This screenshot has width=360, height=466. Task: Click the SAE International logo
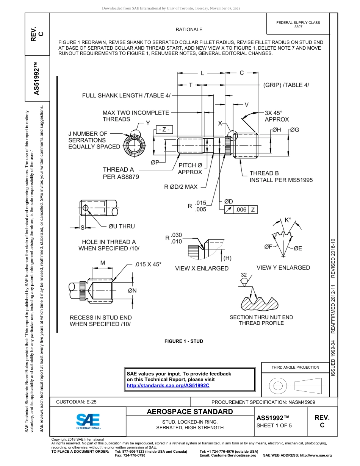pos(88,421)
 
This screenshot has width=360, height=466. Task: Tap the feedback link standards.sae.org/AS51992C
pos(168,385)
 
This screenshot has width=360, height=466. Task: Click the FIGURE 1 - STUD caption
pos(183,341)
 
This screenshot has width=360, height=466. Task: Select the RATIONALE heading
pos(189,30)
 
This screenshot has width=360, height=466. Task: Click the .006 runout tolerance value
pos(241,210)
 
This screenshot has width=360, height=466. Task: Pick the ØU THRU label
pos(121,226)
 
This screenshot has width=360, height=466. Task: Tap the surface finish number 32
pos(244,275)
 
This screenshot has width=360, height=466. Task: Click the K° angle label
pos(288,220)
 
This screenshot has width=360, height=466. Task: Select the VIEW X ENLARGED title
pos(202,268)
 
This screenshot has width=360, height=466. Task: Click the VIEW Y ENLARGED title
pos(283,267)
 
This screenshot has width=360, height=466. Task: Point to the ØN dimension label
pos(132,291)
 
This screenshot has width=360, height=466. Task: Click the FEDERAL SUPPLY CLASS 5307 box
pos(298,25)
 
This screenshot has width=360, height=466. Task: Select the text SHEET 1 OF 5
pos(274,425)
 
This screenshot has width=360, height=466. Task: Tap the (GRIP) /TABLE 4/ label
pos(286,85)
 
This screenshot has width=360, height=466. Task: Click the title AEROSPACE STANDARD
pos(189,412)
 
